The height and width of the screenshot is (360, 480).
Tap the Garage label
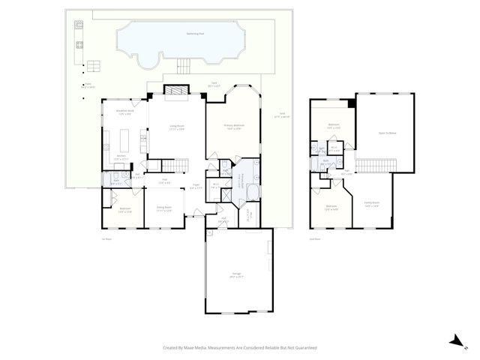click(x=236, y=275)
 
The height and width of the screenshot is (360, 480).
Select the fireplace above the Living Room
click(x=175, y=91)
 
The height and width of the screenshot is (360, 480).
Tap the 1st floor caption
click(x=105, y=239)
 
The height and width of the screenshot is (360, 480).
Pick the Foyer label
click(x=195, y=187)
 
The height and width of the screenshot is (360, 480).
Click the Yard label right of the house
click(x=281, y=115)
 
